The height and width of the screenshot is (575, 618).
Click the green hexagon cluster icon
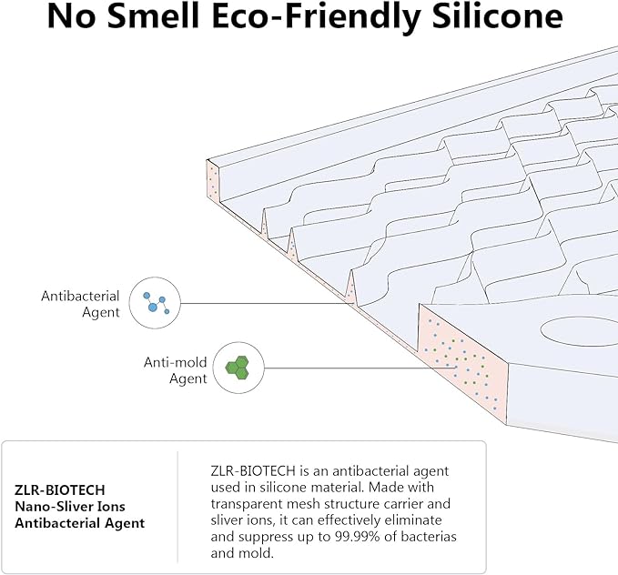pos(238,368)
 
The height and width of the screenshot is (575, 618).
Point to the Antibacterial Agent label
pos(80,304)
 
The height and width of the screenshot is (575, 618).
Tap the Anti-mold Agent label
pos(177,369)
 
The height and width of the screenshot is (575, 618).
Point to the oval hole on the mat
pos(577,328)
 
